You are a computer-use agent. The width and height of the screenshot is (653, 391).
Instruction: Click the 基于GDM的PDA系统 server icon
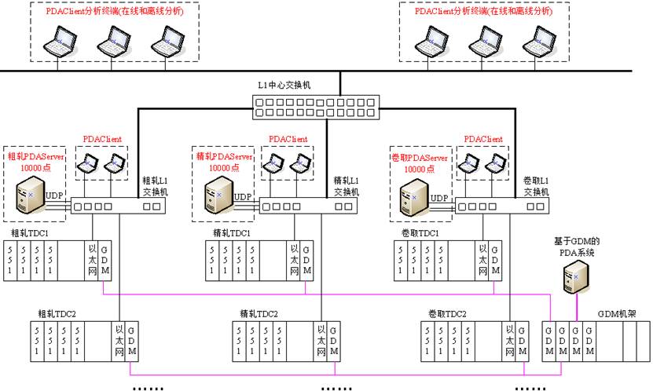point(576,275)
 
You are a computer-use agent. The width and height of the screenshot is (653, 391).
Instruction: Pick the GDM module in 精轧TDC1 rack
point(306,259)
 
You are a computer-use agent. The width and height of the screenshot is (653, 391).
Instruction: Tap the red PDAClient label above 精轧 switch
point(288,139)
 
